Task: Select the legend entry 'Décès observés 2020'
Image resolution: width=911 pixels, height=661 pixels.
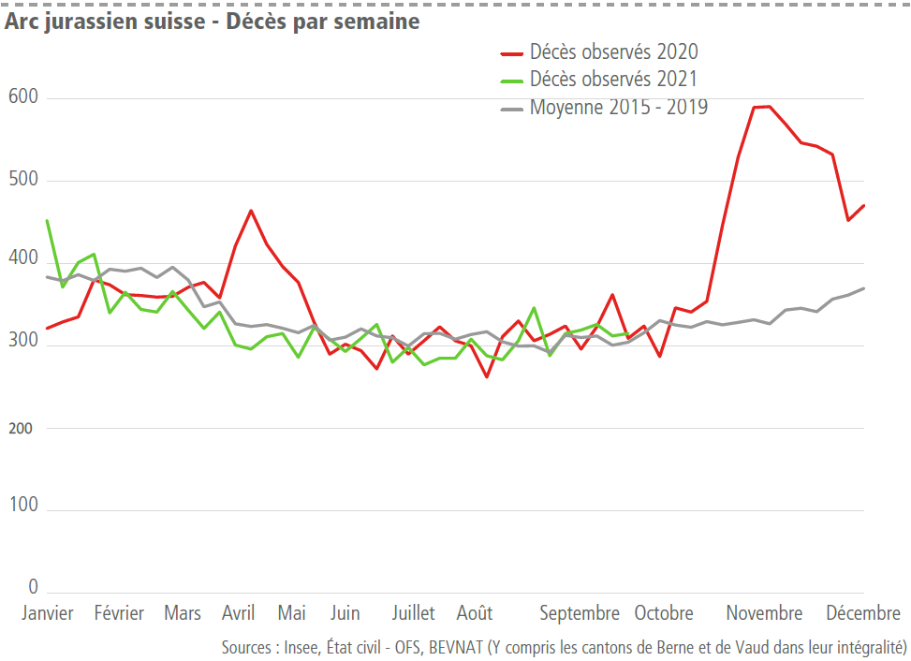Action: point(613,51)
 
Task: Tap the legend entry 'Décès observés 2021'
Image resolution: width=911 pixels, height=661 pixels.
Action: point(613,79)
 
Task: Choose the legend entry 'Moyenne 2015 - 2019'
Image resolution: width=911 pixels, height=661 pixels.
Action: point(618,107)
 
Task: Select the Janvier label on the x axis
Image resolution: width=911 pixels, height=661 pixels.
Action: point(47,613)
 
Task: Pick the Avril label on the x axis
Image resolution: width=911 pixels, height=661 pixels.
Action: point(238,613)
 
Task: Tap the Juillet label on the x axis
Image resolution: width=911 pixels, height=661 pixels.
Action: point(413,613)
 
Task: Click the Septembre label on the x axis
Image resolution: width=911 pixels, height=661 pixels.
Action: point(580,613)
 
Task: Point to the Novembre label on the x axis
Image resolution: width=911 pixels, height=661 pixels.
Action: point(764,613)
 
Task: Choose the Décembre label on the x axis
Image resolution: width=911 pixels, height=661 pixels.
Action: point(862,613)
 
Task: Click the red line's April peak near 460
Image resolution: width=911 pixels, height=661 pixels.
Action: point(251,211)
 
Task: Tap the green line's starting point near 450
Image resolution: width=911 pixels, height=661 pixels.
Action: point(47,221)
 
